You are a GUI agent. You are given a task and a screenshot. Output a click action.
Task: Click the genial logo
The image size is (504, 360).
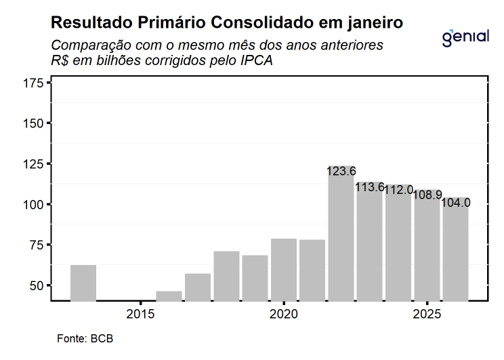point(465,37)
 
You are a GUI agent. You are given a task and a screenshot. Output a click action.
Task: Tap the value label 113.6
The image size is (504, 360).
point(370,187)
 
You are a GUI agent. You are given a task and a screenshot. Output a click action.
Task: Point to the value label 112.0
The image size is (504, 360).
point(398,190)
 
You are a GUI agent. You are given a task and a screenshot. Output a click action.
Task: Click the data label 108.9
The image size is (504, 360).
point(427,195)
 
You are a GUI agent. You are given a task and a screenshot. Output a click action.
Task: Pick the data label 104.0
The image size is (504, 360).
point(455,203)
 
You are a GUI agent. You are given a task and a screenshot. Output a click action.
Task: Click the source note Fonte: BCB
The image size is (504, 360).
point(81,338)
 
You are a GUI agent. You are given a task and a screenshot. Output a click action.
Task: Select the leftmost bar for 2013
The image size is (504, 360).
point(83,282)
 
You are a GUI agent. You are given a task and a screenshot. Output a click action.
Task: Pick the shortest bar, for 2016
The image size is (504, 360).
point(169,296)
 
